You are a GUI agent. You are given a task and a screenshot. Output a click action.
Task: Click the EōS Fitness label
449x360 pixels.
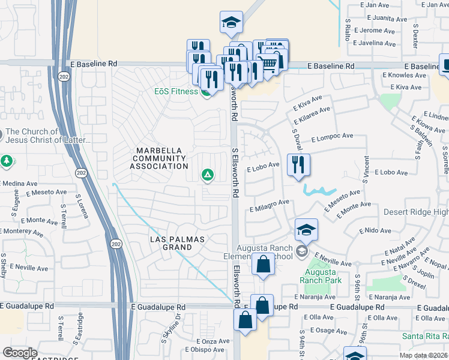(175, 91)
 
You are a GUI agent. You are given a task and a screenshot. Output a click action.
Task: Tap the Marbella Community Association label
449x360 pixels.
(161, 158)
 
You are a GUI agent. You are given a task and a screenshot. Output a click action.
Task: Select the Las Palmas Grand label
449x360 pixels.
(177, 243)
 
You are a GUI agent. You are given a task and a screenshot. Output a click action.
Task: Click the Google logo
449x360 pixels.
(20, 353)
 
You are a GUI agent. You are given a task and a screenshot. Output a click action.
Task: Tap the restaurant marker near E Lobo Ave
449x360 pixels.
(298, 165)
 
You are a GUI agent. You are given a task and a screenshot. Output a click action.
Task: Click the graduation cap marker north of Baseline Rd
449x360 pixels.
(231, 23)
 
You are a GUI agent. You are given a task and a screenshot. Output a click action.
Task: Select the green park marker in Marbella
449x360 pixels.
(207, 175)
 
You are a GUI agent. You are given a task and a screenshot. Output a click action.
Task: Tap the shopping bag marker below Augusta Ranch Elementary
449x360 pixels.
(263, 264)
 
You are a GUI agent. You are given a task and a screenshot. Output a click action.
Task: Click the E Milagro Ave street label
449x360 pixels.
(269, 206)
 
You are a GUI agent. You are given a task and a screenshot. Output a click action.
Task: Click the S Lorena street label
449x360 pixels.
(78, 204)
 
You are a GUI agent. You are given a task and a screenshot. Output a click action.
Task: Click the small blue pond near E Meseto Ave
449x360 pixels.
(318, 191)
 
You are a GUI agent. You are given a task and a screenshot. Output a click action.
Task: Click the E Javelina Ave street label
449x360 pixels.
(375, 43)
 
